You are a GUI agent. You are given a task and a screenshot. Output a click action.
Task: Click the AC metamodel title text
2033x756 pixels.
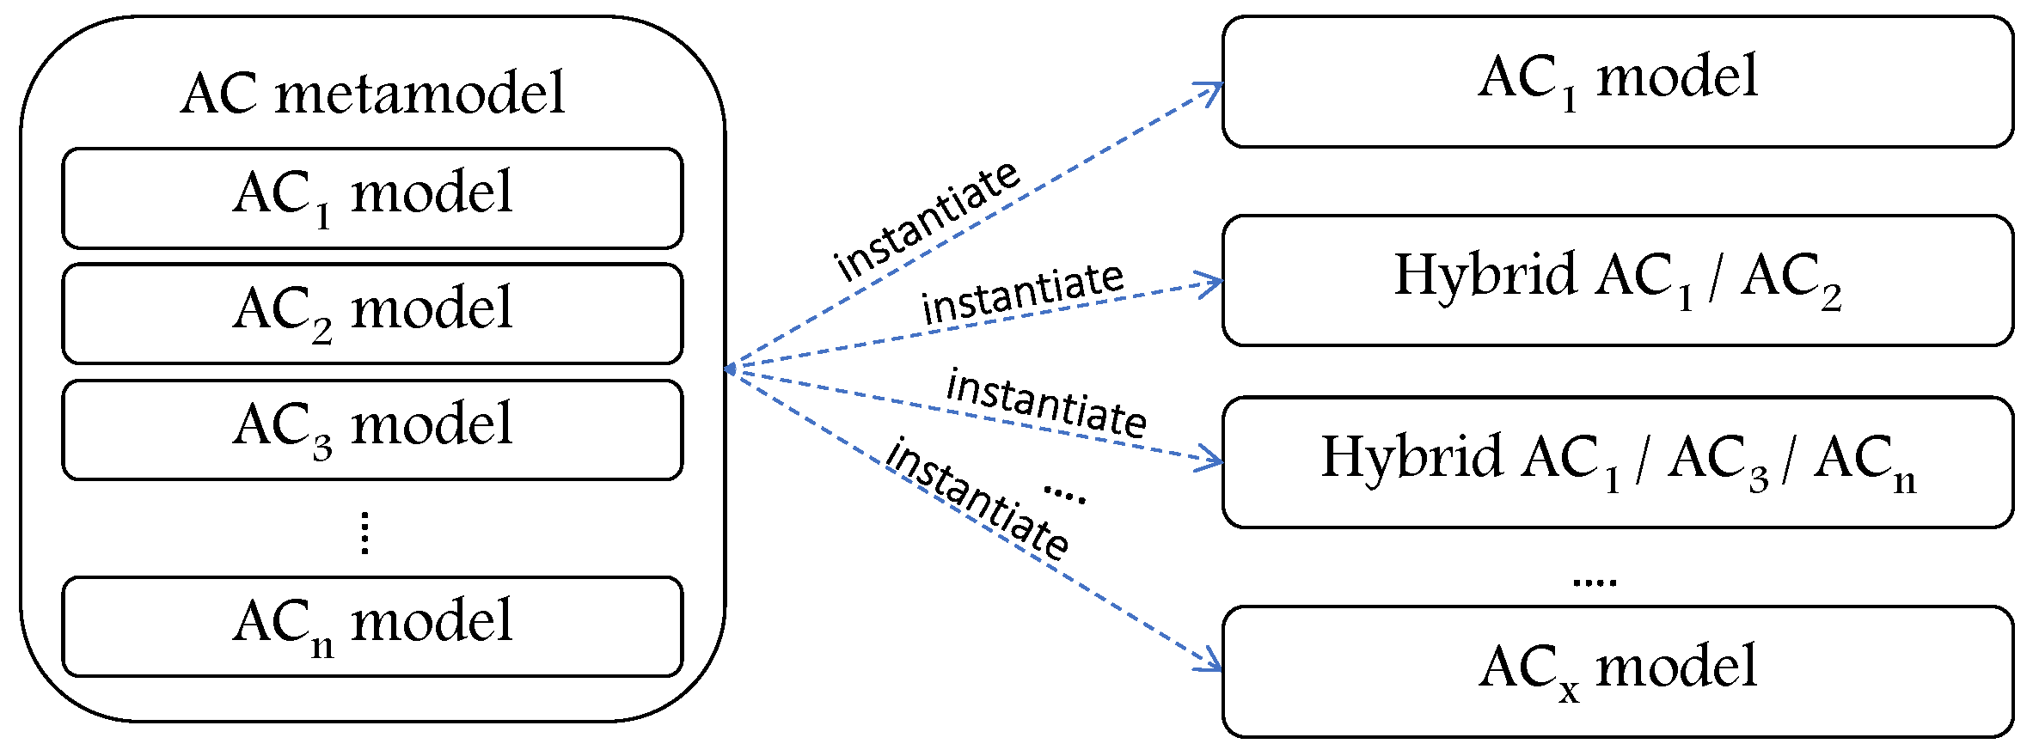click(372, 93)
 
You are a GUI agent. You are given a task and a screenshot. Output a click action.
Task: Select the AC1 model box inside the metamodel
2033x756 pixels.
click(372, 198)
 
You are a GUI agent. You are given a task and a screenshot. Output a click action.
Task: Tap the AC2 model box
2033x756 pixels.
click(372, 314)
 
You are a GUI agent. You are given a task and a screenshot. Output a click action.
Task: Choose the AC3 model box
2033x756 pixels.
click(372, 430)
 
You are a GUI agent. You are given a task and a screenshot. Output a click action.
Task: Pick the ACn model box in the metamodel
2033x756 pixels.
click(372, 626)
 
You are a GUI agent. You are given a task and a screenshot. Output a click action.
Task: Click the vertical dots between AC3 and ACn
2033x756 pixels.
click(365, 533)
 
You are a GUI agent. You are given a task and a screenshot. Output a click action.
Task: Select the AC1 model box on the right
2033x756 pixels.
click(1617, 81)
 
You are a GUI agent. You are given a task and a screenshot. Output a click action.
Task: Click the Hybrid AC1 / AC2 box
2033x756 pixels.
click(1617, 280)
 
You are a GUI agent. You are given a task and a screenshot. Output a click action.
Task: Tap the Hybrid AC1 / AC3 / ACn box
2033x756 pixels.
click(1617, 461)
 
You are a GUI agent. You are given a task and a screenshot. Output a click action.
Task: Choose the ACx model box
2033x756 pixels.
click(1617, 671)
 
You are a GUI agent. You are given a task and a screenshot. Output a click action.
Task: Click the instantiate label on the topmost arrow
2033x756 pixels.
click(927, 221)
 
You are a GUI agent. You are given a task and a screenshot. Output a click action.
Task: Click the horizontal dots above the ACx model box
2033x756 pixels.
click(1594, 582)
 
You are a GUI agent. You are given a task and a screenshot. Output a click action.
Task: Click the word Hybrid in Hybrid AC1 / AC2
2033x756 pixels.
click(1485, 275)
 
